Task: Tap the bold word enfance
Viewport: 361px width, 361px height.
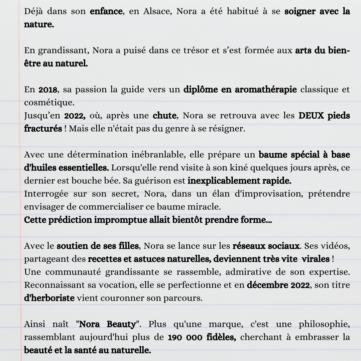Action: click(x=106, y=11)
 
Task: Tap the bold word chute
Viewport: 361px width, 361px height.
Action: click(x=164, y=116)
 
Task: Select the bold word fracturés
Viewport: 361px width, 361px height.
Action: click(x=43, y=129)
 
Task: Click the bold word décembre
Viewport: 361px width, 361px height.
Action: click(x=265, y=285)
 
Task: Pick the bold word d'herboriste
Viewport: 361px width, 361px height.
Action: click(x=49, y=298)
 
